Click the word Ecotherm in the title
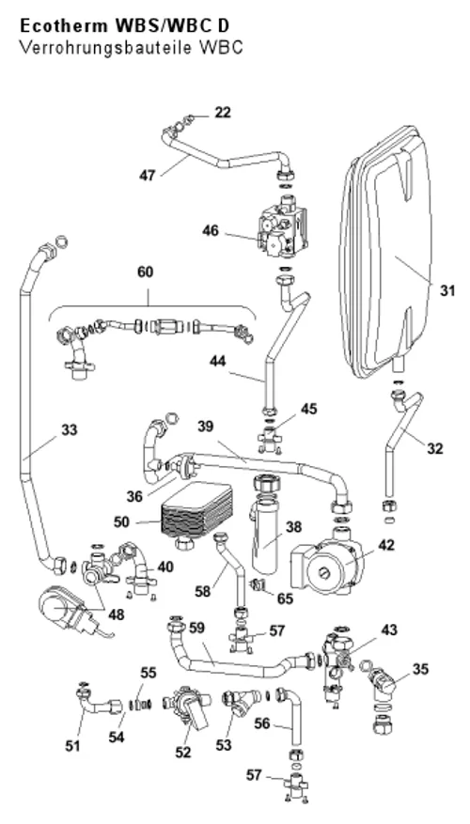(56, 26)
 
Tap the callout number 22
(223, 113)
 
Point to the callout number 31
(446, 290)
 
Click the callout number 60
(146, 272)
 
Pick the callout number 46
(211, 231)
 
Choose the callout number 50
(122, 521)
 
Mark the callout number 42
(386, 545)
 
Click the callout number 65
(285, 599)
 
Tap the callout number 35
(420, 669)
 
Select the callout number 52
(183, 753)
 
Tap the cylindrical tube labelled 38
(269, 525)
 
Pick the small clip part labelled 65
(258, 584)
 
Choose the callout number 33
(69, 429)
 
